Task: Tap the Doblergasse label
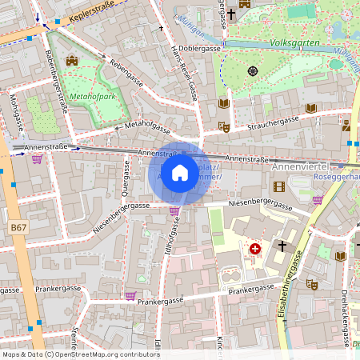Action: click(x=200, y=49)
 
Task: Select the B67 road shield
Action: click(x=19, y=228)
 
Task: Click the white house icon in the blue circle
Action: click(x=180, y=172)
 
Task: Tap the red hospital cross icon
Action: click(x=254, y=250)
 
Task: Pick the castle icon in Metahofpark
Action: click(x=71, y=60)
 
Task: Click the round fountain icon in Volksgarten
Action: click(x=253, y=70)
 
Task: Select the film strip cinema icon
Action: click(x=278, y=186)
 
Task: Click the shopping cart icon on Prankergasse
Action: click(x=130, y=295)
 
